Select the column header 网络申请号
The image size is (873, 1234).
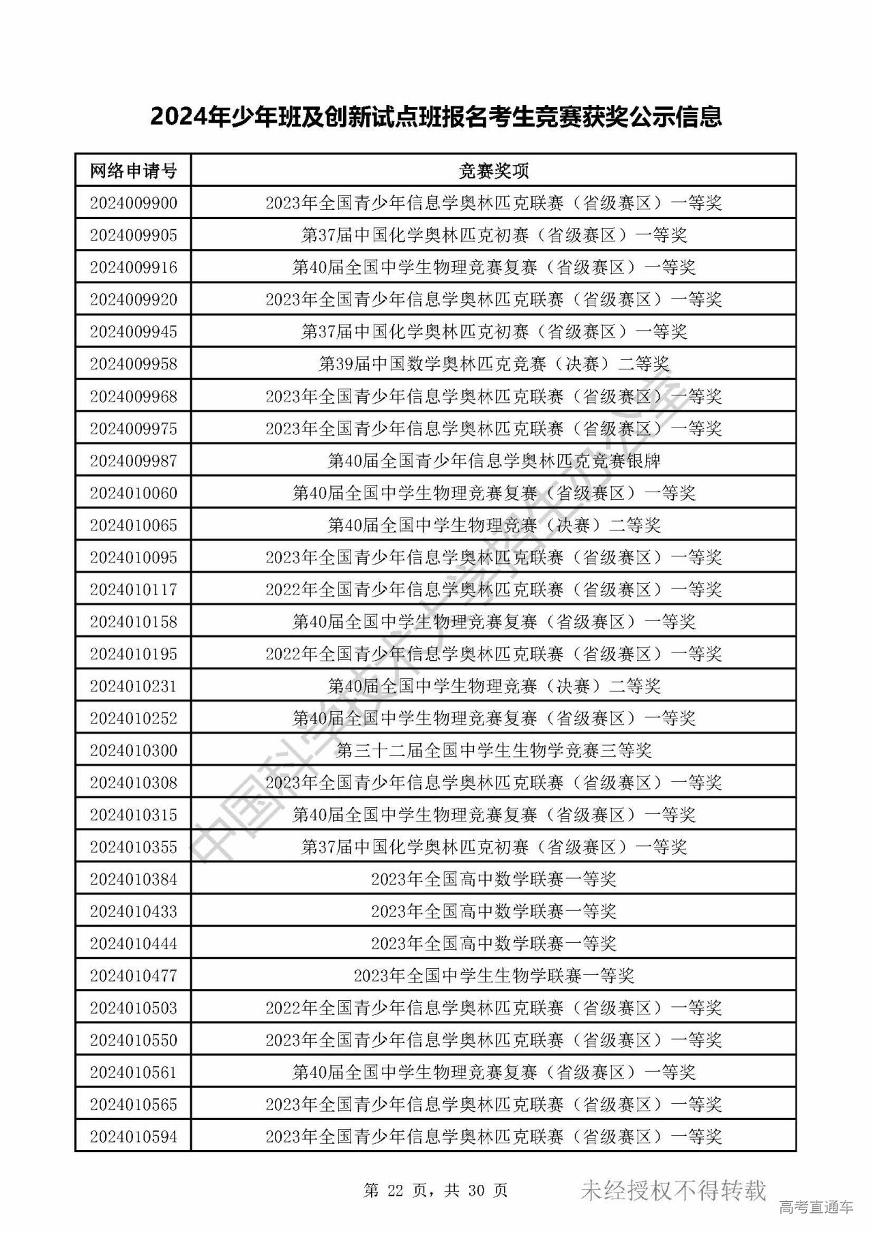133,170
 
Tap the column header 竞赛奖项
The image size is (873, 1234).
493,170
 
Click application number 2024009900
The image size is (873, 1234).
133,202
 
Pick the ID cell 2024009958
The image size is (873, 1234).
133,364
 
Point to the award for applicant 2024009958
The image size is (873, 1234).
493,364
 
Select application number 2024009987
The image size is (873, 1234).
133,461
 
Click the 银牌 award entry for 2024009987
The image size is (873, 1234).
493,461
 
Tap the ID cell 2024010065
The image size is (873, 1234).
133,526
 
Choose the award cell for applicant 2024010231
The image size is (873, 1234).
493,686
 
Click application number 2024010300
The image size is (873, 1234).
133,751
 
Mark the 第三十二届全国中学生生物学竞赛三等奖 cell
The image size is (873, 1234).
493,751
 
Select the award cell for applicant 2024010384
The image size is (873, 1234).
493,879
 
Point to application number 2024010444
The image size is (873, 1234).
133,944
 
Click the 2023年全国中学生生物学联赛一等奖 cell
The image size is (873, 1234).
493,976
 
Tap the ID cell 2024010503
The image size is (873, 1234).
133,1008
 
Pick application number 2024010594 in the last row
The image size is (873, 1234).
133,1137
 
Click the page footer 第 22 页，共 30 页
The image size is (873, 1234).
436,1190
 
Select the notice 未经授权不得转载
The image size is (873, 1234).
673,1190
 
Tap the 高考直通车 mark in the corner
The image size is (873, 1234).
815,1207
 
